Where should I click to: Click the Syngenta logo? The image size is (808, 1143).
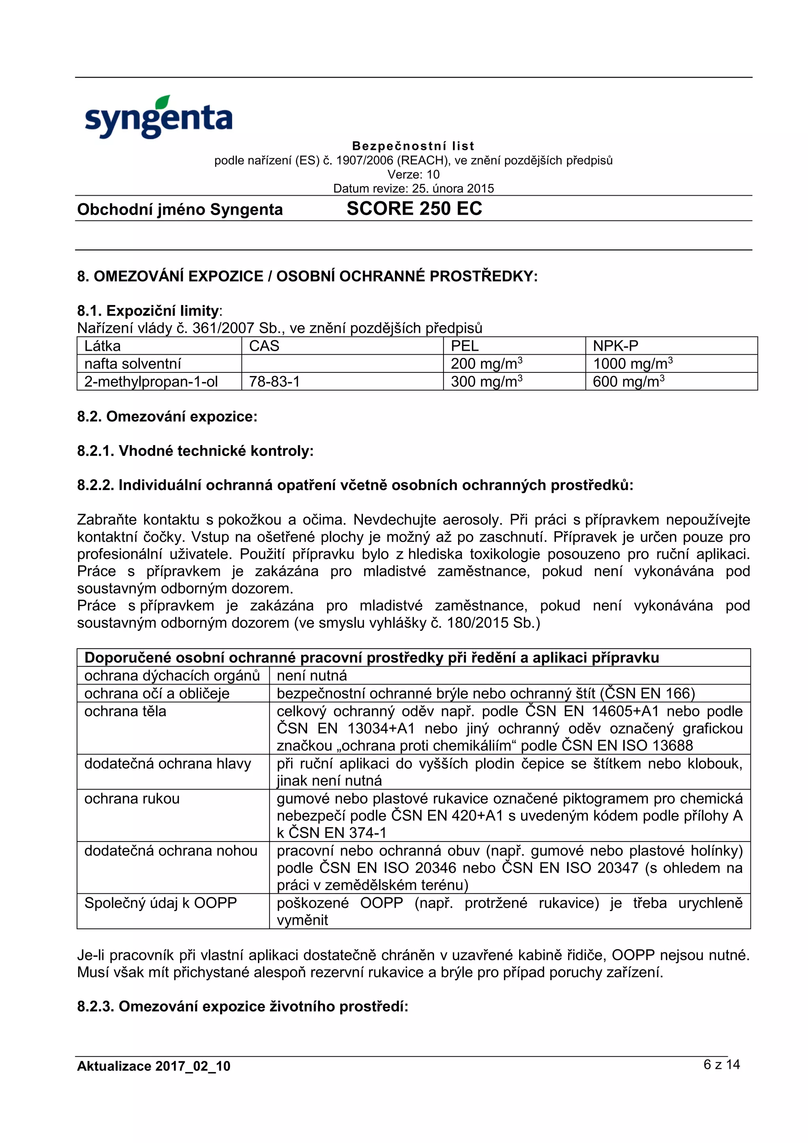point(158,118)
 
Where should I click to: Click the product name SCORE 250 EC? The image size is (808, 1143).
point(414,209)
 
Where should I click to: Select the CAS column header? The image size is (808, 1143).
point(264,346)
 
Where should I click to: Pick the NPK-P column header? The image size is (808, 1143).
point(615,346)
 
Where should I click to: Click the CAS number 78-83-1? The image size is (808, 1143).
point(274,382)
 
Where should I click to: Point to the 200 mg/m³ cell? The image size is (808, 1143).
point(486,364)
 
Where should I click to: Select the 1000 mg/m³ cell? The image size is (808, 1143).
point(632,364)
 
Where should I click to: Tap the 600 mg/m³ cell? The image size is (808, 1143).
point(628,382)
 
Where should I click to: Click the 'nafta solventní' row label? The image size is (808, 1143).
point(133,364)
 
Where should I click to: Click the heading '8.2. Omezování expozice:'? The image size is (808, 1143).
point(167,417)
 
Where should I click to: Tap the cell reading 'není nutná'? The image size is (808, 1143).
point(312,675)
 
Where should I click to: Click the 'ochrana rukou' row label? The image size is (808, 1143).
point(132,799)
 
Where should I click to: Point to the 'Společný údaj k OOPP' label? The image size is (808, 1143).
point(160,903)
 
